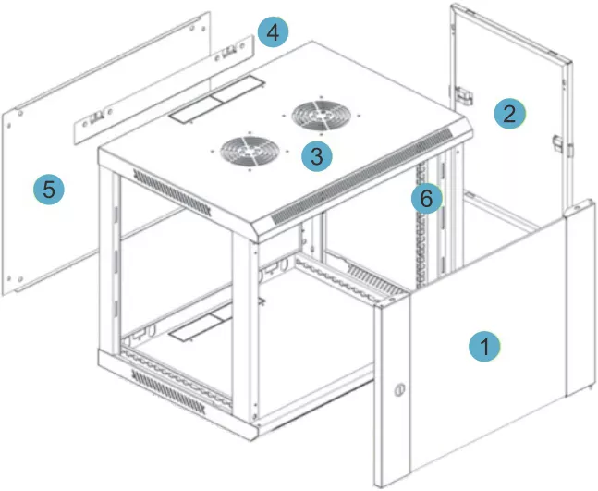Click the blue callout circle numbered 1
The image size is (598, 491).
[x=484, y=347]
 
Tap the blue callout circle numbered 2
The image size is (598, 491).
[x=510, y=114]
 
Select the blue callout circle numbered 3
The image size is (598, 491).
[x=316, y=156]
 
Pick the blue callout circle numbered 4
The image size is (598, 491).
[x=273, y=32]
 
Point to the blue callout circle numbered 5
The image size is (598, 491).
[x=49, y=189]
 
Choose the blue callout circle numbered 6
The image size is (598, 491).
[x=427, y=199]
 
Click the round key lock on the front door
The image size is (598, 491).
[x=399, y=389]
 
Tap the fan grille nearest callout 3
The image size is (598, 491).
[x=250, y=152]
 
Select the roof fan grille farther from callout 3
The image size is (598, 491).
[x=321, y=116]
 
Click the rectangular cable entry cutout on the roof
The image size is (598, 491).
[x=216, y=99]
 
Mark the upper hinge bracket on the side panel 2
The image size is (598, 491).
[x=463, y=94]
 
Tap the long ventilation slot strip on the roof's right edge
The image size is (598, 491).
[x=361, y=177]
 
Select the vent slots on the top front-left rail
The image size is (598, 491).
[x=172, y=192]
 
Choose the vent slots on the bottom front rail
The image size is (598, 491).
[x=168, y=392]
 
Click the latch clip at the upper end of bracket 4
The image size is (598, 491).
[x=229, y=52]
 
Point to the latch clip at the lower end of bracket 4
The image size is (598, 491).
[x=97, y=117]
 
